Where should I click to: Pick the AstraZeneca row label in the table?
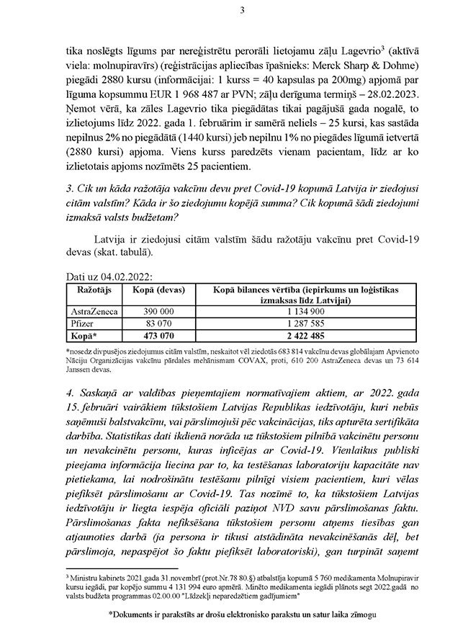click(91, 310)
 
